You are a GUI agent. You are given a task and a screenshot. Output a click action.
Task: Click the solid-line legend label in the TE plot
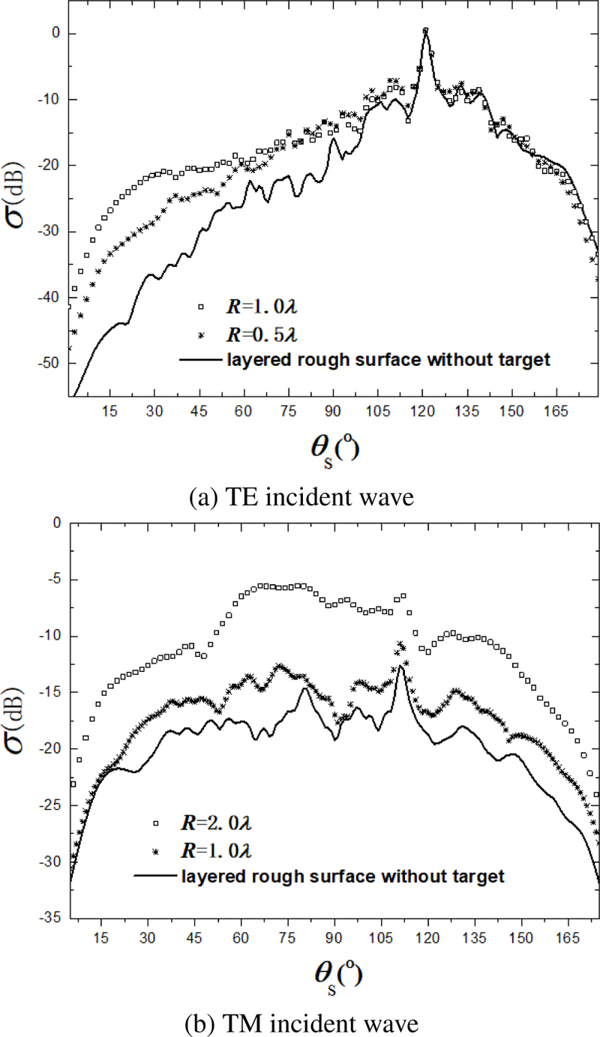(x=390, y=359)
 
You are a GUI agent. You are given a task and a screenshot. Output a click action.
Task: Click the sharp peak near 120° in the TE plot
(x=425, y=31)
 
